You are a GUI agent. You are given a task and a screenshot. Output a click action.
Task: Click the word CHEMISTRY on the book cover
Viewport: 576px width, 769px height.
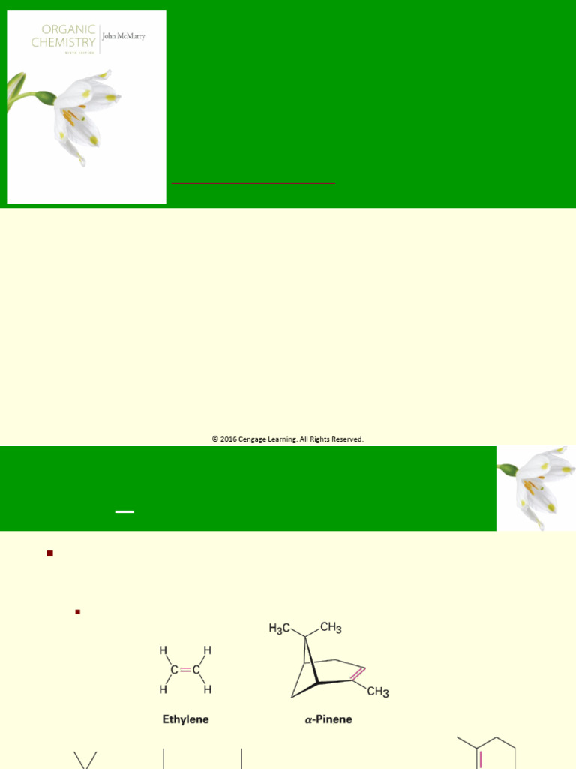click(63, 42)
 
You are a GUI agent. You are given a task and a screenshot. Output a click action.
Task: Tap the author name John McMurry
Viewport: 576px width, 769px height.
click(124, 35)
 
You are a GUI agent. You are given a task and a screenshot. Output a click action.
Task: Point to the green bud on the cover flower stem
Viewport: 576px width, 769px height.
click(45, 97)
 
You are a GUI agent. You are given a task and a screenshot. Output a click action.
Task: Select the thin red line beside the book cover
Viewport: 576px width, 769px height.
click(253, 182)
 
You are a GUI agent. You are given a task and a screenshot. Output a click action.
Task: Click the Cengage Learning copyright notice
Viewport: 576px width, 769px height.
click(287, 439)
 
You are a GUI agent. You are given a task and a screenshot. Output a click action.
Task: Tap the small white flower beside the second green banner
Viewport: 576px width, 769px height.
click(536, 487)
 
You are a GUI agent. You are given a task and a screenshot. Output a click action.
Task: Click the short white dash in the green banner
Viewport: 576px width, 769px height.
click(124, 511)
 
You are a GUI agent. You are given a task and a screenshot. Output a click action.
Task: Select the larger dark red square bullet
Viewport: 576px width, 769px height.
click(50, 553)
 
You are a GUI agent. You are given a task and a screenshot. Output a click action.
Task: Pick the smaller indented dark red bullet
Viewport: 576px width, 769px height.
click(77, 612)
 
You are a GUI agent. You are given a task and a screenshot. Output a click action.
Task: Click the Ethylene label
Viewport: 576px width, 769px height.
click(185, 719)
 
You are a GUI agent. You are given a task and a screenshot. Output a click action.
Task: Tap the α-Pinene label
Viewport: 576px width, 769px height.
click(328, 719)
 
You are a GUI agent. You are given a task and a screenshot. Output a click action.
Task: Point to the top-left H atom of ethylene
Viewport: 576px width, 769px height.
click(163, 650)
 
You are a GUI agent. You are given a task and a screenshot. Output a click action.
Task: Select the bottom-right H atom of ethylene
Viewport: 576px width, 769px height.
click(208, 689)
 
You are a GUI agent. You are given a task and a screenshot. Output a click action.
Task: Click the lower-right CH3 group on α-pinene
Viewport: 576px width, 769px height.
click(377, 692)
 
